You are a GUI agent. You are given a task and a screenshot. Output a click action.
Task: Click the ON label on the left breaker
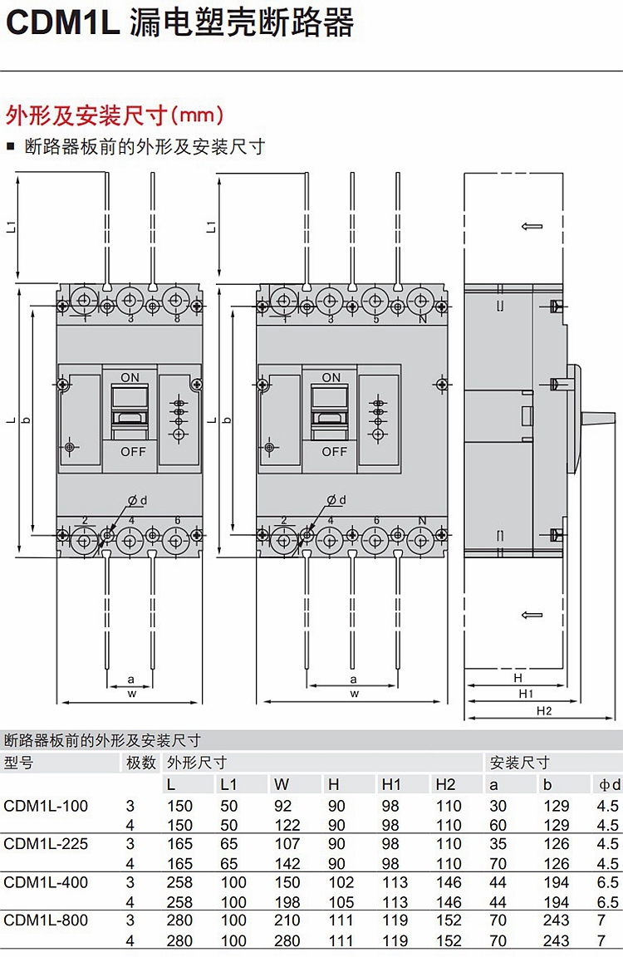tap(130, 377)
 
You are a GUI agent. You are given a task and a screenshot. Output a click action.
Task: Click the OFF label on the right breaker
tap(334, 452)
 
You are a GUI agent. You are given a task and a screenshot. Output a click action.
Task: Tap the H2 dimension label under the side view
tap(543, 711)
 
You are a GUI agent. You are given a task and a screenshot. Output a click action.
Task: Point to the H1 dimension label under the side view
tap(525, 694)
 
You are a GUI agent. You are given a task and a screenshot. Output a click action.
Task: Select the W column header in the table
tap(282, 784)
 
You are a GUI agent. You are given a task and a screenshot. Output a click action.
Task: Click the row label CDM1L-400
tap(46, 882)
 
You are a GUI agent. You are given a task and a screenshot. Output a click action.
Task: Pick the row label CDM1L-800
tap(46, 920)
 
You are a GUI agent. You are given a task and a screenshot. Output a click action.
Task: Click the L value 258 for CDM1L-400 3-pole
tap(179, 882)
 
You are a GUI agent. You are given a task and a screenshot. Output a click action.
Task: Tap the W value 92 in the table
tap(282, 806)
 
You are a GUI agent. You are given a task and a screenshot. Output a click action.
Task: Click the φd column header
tap(609, 784)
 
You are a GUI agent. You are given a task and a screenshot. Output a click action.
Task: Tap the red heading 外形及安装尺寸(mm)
tap(115, 114)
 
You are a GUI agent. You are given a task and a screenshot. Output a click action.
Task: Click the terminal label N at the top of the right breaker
tap(422, 319)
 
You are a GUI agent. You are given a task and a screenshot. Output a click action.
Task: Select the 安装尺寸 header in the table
tap(520, 763)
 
